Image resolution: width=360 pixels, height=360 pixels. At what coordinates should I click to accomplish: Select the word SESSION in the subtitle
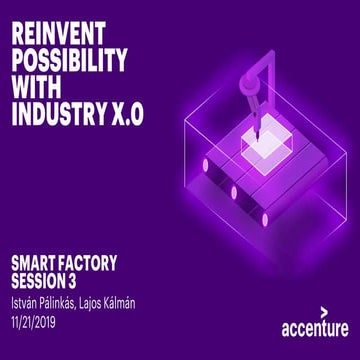[39, 281]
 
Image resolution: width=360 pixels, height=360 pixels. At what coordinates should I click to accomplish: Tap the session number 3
[75, 281]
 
